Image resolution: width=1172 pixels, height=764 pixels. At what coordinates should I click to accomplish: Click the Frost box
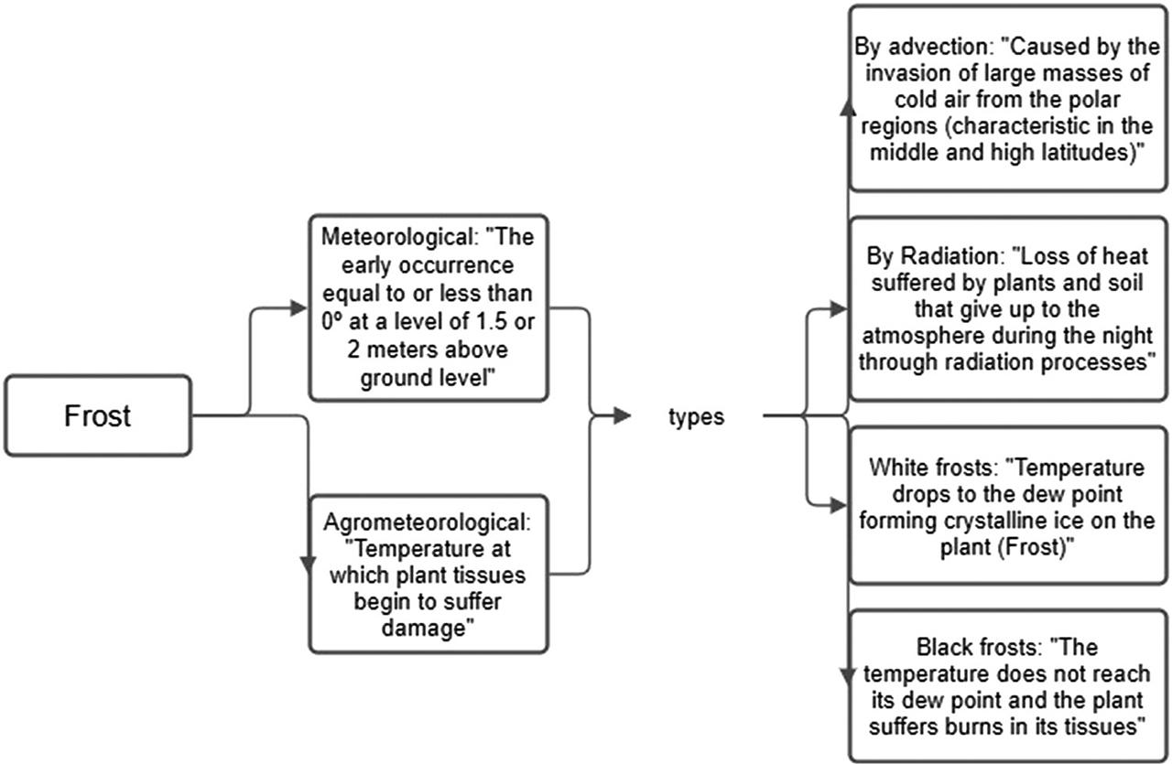[98, 415]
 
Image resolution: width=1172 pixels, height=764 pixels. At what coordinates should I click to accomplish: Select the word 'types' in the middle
[696, 417]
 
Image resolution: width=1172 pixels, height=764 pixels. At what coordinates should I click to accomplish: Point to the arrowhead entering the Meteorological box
[298, 308]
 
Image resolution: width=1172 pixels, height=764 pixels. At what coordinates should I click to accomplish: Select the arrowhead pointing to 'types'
[622, 416]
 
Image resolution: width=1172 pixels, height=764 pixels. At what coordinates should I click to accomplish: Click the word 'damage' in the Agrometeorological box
[430, 629]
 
